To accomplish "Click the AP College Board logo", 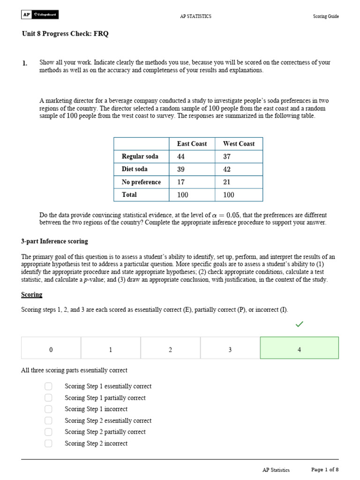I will point(40,15).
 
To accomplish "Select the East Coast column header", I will point(192,144).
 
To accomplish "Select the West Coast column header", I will point(239,144).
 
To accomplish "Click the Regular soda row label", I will point(140,157).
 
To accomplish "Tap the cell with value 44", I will point(181,157).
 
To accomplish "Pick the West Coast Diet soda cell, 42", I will point(227,169).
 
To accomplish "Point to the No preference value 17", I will point(181,182).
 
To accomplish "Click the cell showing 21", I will point(227,182).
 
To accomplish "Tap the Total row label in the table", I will point(129,195).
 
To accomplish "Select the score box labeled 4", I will point(299,350).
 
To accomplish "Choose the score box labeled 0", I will point(51,350).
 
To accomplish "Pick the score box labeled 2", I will point(170,350).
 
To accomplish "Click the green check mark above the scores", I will point(300,324).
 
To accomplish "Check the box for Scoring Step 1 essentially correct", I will point(49,386).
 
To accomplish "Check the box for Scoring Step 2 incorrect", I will point(49,443).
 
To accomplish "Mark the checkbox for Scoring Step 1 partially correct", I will point(49,397).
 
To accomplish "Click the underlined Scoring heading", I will point(32,295).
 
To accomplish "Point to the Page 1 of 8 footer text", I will point(325,470).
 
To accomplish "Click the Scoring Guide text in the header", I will point(326,16).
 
